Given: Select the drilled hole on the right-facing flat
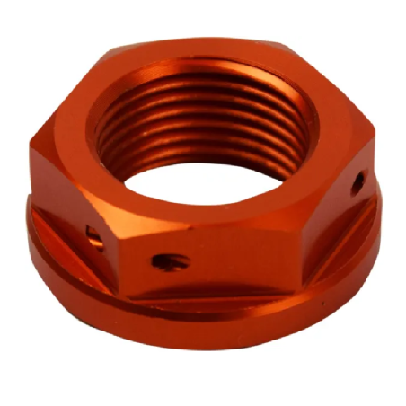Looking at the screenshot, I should [357, 182].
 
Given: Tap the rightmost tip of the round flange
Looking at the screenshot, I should [384, 207].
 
